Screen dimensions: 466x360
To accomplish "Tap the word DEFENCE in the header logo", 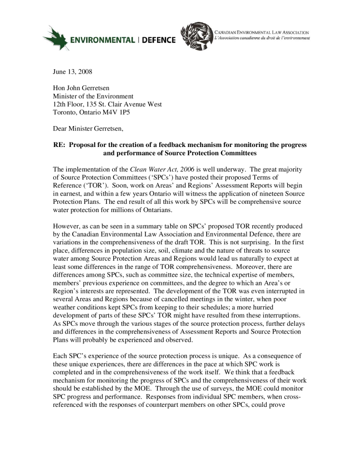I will pyautogui.click(x=157, y=41).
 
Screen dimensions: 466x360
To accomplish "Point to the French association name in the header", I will pyautogui.click(x=262, y=38).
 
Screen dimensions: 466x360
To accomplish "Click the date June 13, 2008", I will pyautogui.click(x=72, y=71).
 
